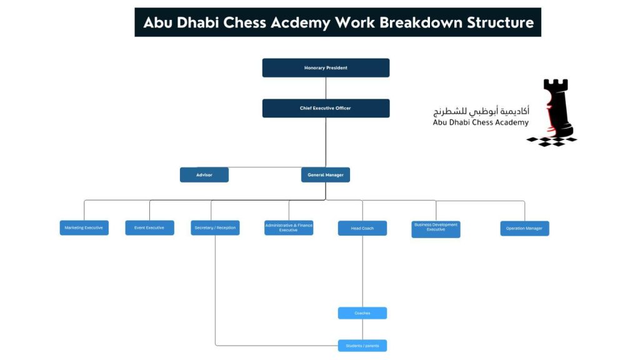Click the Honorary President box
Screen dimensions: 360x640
(326, 67)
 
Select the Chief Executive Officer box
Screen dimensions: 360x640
(326, 108)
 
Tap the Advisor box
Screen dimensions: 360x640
(204, 175)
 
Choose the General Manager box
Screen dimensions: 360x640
(326, 175)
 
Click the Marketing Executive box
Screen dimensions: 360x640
(84, 228)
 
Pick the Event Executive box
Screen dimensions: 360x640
(149, 228)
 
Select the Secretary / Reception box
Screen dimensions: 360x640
(215, 228)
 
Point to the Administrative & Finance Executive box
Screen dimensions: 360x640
(289, 228)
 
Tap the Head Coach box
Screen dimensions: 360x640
(362, 228)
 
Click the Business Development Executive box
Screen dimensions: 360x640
(436, 229)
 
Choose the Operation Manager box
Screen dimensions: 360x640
(524, 228)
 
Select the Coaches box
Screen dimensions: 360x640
(362, 313)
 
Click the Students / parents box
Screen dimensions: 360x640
(362, 346)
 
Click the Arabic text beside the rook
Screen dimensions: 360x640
(481, 111)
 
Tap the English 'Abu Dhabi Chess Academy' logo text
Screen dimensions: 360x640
(480, 123)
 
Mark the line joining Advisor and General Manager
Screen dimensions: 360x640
(265, 167)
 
